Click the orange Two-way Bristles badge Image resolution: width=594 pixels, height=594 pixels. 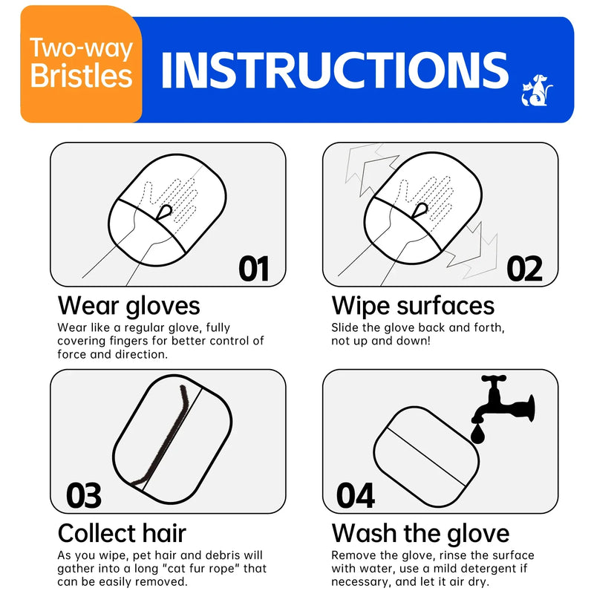coord(81,64)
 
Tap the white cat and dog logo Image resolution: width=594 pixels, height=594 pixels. coord(538,91)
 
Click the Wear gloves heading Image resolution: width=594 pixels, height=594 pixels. coord(128,305)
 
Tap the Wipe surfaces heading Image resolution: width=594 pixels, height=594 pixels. coord(413,305)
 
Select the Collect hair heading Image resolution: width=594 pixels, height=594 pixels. coord(122,533)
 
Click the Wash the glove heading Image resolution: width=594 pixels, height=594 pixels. coord(420,533)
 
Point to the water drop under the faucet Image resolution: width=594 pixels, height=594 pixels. coord(477,433)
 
